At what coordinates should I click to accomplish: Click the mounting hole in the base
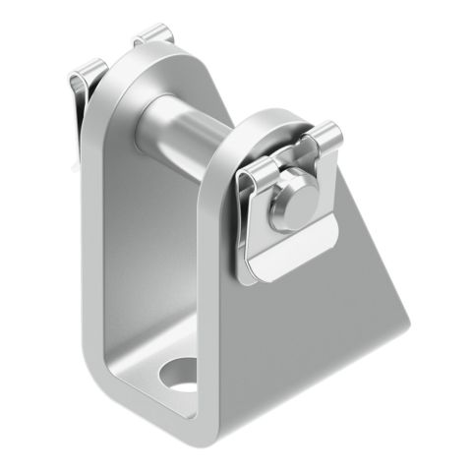click(181, 376)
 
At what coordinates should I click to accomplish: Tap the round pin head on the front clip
click(292, 206)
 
